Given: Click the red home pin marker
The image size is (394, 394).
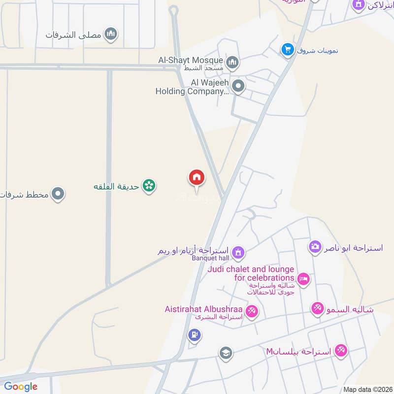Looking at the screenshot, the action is coord(197,178).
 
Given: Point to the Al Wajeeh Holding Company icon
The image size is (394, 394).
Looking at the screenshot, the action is coord(238,87).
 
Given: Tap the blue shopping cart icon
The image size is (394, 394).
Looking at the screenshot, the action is coord(288,49).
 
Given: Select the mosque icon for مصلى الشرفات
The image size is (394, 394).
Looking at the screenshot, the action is coord(112,34).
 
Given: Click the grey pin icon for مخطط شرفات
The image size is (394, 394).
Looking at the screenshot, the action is coord(58,194).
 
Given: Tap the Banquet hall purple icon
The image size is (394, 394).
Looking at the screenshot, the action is coord(238,253).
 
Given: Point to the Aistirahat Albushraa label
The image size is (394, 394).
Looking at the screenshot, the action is coord(205,310).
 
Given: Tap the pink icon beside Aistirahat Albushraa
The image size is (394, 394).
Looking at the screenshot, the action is coord(252,312).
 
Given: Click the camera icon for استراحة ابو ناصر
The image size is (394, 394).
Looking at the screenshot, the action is coord(315,247).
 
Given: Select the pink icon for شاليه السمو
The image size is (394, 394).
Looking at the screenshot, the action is coord(318,309).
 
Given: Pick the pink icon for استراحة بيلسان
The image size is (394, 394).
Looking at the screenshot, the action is coord(340,351).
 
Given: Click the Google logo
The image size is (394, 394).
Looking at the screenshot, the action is coord(21,387).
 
